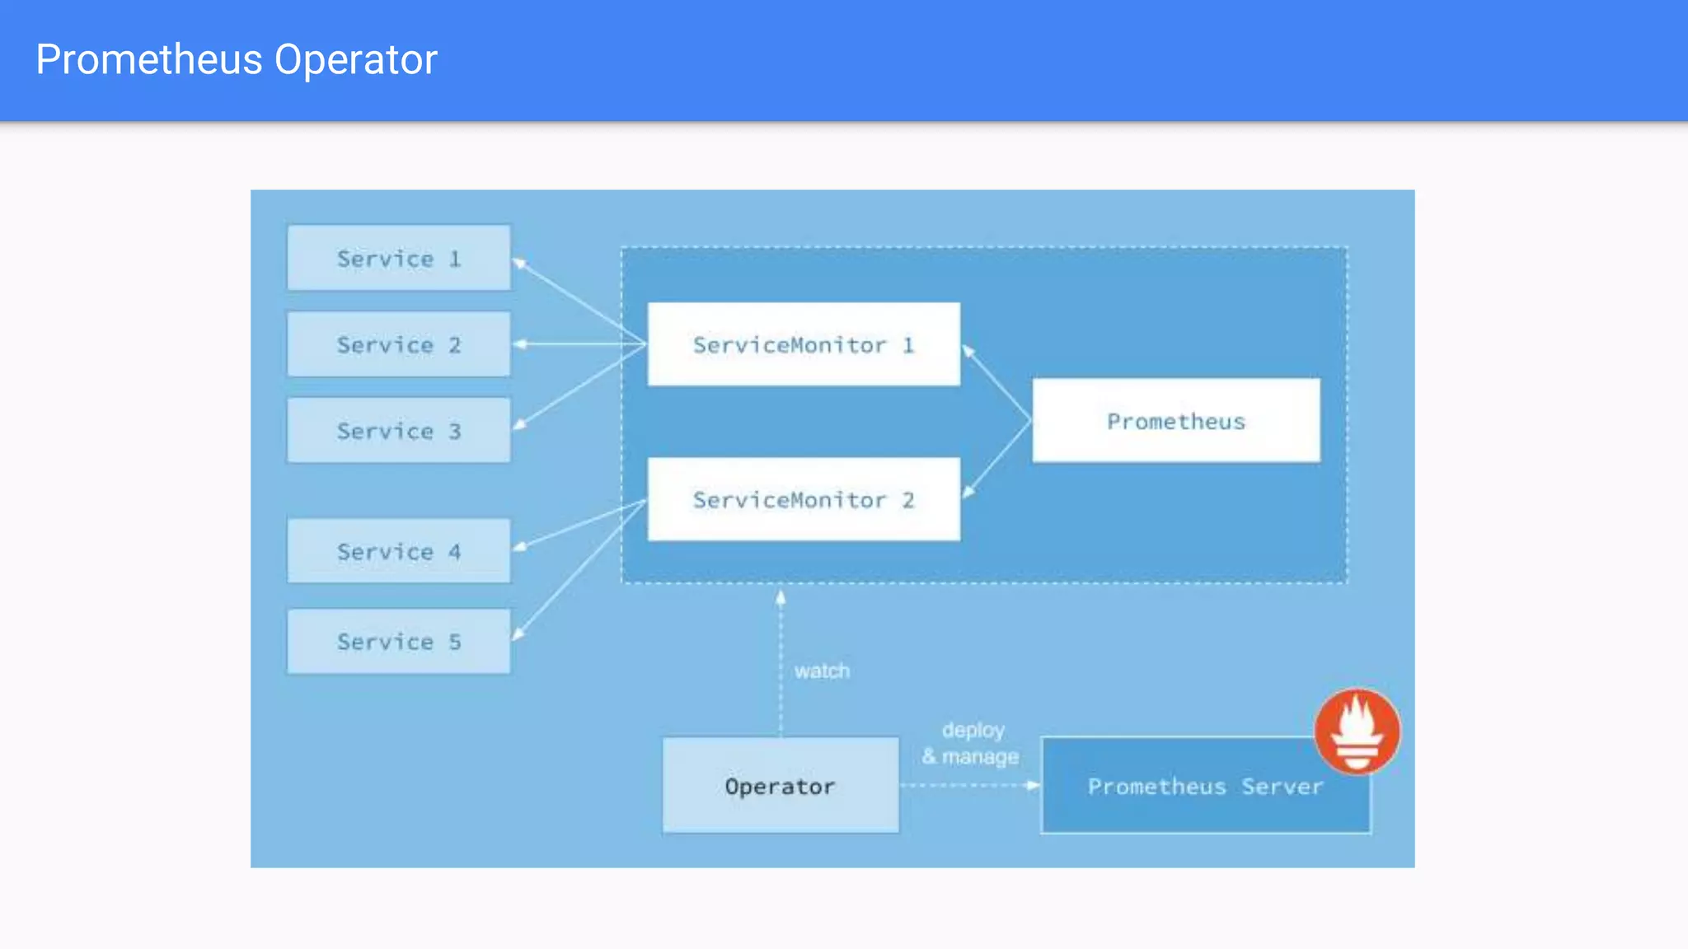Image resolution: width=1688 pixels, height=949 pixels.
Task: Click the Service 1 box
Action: [x=399, y=258]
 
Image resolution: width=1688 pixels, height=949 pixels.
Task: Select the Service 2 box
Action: [x=399, y=344]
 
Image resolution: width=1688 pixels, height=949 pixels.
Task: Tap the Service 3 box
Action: [x=399, y=430]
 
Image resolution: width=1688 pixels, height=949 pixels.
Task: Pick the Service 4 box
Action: [x=399, y=551]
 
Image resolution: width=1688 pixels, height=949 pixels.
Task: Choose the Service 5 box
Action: [x=399, y=641]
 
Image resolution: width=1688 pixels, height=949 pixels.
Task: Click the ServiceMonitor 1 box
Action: [x=804, y=344]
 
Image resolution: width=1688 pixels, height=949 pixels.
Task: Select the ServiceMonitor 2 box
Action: [x=804, y=499]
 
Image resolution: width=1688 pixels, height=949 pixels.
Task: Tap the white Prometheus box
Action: [x=1176, y=421]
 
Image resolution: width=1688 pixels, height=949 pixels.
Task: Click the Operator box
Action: [x=781, y=785]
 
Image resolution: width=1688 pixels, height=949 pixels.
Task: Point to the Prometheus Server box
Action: [x=1205, y=786]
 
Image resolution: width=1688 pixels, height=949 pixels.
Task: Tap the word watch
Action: [x=822, y=671]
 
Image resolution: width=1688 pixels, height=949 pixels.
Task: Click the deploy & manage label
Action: [x=971, y=743]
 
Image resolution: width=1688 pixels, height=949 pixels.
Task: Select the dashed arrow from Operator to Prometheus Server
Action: [x=969, y=786]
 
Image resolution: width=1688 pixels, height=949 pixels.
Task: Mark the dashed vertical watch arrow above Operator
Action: [x=781, y=659]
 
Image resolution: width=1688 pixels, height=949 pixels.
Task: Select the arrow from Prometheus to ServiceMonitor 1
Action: [x=996, y=384]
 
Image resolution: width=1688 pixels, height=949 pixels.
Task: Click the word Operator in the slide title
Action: [x=355, y=59]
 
